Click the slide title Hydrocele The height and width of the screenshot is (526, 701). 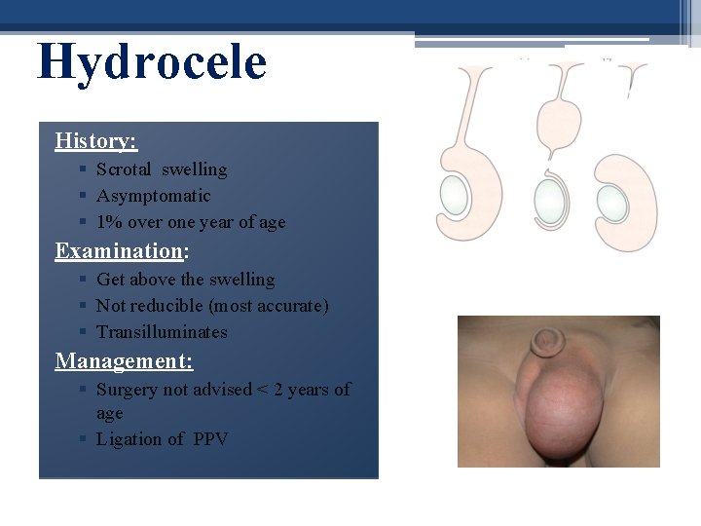pos(152,62)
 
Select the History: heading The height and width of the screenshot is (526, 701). pos(95,140)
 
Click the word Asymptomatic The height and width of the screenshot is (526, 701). pos(153,196)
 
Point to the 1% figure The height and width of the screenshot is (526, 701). pos(109,222)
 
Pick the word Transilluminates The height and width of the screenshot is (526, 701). pos(162,332)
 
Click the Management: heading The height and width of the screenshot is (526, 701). pos(124,361)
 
